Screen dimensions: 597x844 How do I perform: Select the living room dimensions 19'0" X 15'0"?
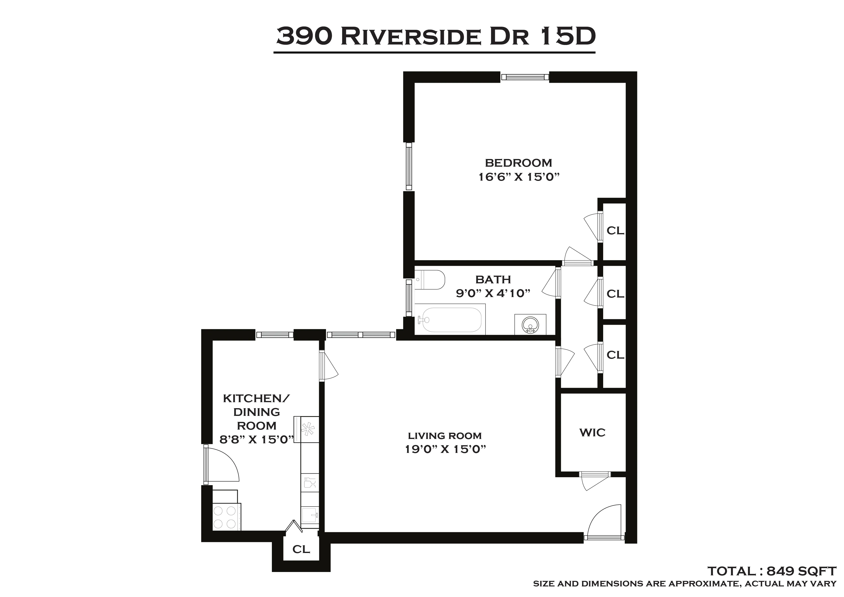446,449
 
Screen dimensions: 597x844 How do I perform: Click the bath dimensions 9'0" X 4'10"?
493,293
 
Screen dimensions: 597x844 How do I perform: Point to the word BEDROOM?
518,163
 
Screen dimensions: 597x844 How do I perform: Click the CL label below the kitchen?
301,549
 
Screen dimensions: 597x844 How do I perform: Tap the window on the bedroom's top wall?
525,77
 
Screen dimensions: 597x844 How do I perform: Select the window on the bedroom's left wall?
409,166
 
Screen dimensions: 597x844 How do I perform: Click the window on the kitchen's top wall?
275,335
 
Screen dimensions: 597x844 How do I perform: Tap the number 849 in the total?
781,571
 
